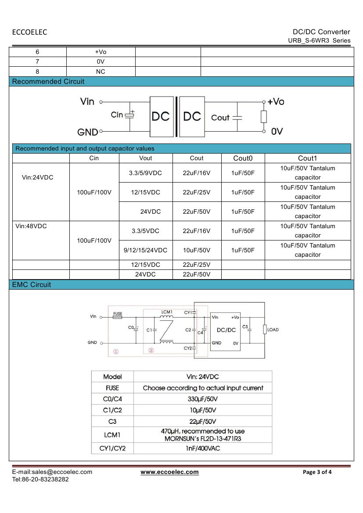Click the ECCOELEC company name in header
29,32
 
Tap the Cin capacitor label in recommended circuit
117,115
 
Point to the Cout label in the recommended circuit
220,118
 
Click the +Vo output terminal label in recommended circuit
276,102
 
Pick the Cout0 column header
243,158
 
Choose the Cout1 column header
307,158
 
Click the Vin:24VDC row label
37,177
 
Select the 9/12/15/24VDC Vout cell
146,250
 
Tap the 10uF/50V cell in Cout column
197,250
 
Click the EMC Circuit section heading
32,285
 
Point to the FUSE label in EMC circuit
118,314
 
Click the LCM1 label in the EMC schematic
167,312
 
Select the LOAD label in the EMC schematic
273,330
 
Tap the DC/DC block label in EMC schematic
226,330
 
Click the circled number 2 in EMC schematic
151,351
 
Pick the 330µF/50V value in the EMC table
202,399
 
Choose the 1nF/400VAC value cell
202,448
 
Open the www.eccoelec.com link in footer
169,472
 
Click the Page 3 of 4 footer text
317,472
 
